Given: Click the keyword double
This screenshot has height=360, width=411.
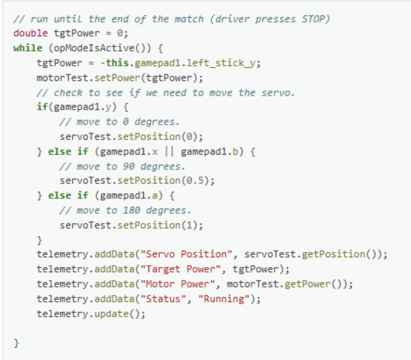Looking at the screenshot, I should pos(31,33).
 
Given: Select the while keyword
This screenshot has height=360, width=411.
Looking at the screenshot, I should pos(27,48).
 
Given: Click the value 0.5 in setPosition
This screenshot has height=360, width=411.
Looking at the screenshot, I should pos(196,180).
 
